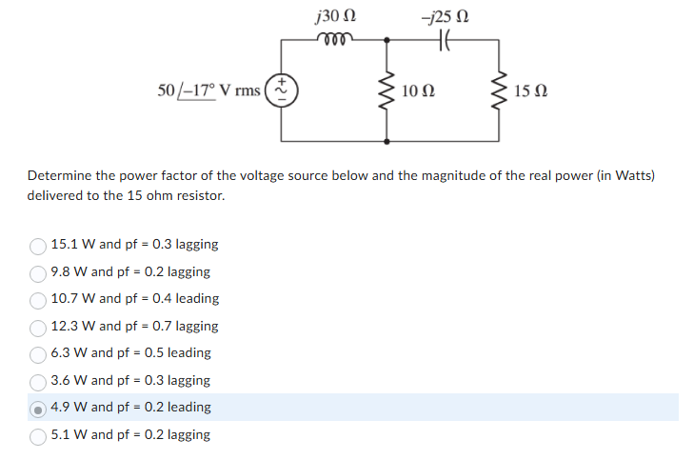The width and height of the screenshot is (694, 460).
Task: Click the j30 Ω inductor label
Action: point(334,16)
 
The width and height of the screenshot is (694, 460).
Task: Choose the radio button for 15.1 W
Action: point(38,245)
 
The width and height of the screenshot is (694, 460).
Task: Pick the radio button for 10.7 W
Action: point(38,299)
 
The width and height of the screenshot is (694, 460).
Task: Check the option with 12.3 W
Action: point(38,327)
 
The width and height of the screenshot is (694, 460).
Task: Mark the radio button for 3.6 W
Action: point(38,381)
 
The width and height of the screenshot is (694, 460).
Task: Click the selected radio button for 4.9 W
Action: point(38,408)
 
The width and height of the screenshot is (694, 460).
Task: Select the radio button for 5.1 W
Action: point(38,435)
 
